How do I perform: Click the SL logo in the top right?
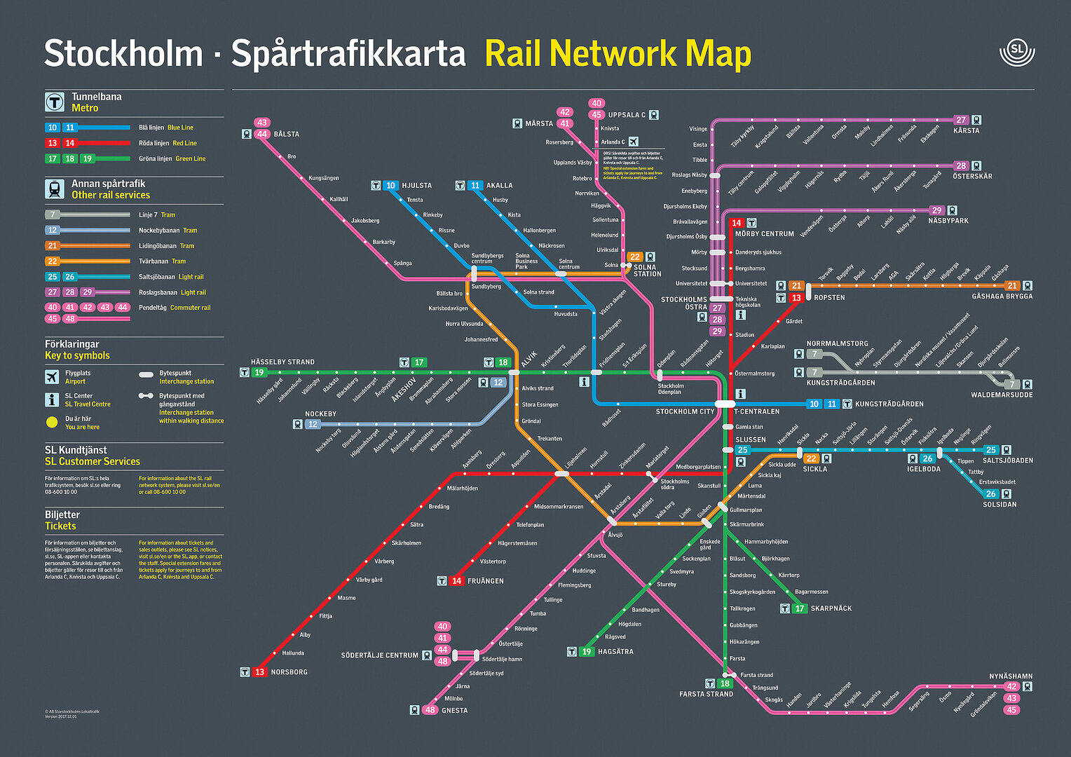1016,52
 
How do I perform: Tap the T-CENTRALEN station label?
757,411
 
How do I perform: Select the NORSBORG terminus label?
289,672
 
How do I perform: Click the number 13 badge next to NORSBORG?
259,672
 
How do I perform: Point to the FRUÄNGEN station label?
485,581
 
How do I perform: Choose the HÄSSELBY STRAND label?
282,362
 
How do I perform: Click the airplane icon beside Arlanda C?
634,142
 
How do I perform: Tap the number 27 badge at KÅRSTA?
961,120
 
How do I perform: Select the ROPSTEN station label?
829,298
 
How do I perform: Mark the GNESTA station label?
454,711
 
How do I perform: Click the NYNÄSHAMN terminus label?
1011,676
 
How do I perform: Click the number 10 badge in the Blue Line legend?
53,128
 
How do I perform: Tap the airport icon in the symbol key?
52,377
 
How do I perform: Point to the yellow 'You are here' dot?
52,422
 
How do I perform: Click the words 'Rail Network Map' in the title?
618,54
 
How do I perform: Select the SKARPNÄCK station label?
831,608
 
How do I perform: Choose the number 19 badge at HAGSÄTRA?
587,652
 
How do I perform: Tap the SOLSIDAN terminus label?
999,505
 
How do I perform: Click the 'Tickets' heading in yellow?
60,526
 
